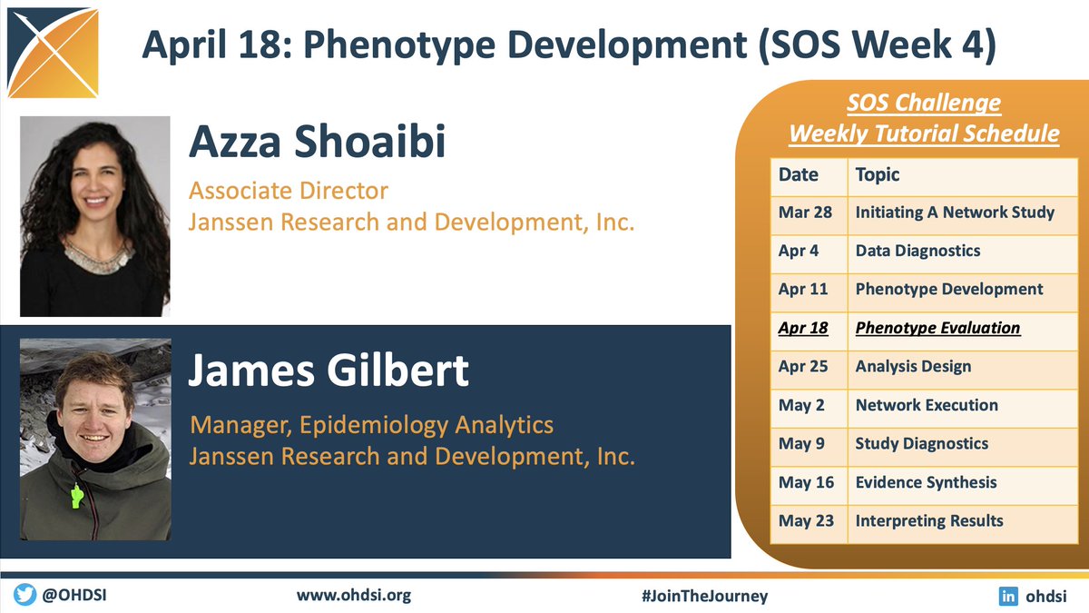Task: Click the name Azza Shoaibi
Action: click(317, 143)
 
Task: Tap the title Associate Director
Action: click(288, 192)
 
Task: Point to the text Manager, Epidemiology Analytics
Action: click(371, 424)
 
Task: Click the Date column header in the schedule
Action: click(799, 174)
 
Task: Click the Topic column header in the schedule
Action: click(878, 174)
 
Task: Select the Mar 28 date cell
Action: click(804, 213)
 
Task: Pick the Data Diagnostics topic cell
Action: click(917, 251)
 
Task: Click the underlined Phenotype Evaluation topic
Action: click(937, 328)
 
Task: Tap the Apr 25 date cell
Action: click(804, 367)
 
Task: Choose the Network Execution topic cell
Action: click(927, 405)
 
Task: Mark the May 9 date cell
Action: click(801, 444)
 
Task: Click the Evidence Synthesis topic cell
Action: click(926, 482)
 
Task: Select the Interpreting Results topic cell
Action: click(929, 521)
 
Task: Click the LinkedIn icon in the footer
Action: click(1007, 596)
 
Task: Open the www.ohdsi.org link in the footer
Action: click(354, 596)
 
